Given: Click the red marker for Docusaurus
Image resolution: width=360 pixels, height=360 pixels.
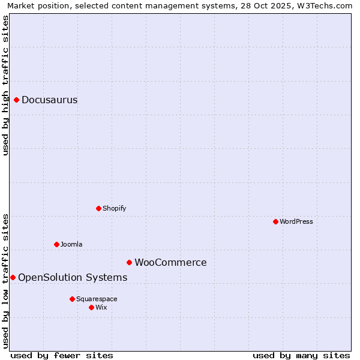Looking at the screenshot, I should coord(17,100).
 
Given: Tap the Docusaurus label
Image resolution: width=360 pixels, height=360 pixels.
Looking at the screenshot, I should coord(50,100).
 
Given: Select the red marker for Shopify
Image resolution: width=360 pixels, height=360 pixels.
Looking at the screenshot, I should coord(99,208).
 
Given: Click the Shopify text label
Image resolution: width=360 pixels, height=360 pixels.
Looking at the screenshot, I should coord(115,209).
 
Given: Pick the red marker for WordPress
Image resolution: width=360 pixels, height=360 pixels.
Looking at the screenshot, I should coord(276,221).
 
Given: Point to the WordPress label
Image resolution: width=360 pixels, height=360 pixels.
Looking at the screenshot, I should coord(296,222).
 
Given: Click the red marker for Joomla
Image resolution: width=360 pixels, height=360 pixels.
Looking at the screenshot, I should coord(57,244).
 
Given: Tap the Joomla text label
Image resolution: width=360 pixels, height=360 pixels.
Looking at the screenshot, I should coord(71,245).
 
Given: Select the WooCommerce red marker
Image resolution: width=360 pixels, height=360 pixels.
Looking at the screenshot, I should coord(129,262).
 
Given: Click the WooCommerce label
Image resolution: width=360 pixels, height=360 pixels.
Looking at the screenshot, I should coord(170,263).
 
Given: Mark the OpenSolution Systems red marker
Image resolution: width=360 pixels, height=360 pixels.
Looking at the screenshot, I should coord(13,277).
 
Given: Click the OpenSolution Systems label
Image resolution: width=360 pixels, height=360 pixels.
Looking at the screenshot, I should coord(73,278).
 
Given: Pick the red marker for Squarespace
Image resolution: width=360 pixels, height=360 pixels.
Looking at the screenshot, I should coord(72,299).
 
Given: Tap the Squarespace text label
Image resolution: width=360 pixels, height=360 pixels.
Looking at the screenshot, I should coord(97,299).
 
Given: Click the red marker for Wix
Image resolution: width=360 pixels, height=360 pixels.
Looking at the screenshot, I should coord(91,307).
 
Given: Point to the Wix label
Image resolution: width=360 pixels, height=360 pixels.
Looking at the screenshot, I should coord(101,308).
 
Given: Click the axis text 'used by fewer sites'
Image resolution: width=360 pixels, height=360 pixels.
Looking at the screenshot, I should coord(62,355).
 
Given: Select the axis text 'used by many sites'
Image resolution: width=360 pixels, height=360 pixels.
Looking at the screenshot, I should coord(301,355).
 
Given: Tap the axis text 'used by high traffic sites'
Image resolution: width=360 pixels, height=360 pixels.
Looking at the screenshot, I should coord(5,85).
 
